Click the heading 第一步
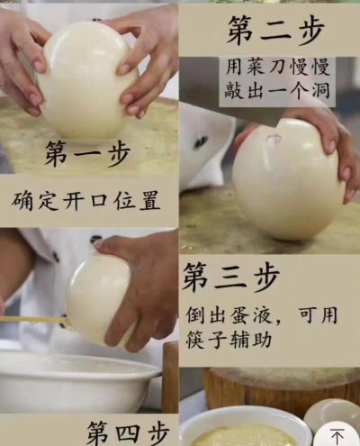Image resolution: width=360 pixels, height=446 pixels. click(x=87, y=154)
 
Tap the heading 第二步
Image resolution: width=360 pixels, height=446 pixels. click(x=275, y=30)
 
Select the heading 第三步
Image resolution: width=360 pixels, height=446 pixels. click(x=231, y=277)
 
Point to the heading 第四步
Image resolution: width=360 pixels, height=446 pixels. click(x=129, y=433)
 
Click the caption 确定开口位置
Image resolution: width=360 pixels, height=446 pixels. click(x=85, y=200)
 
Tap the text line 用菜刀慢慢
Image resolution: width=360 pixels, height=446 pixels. click(x=277, y=67)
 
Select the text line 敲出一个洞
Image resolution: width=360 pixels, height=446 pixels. click(x=277, y=89)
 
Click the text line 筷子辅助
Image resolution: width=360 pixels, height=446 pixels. click(x=229, y=340)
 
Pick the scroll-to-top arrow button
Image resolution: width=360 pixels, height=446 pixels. click(x=337, y=436)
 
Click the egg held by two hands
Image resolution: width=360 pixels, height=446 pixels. click(x=87, y=79)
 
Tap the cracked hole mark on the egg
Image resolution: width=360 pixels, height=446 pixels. click(x=274, y=140)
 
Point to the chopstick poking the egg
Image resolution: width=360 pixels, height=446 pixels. click(x=34, y=320)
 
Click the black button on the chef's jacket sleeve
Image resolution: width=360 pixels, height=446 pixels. click(x=201, y=141)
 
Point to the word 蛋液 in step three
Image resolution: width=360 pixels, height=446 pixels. click(x=244, y=315)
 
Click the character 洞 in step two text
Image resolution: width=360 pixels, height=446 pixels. click(x=320, y=89)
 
